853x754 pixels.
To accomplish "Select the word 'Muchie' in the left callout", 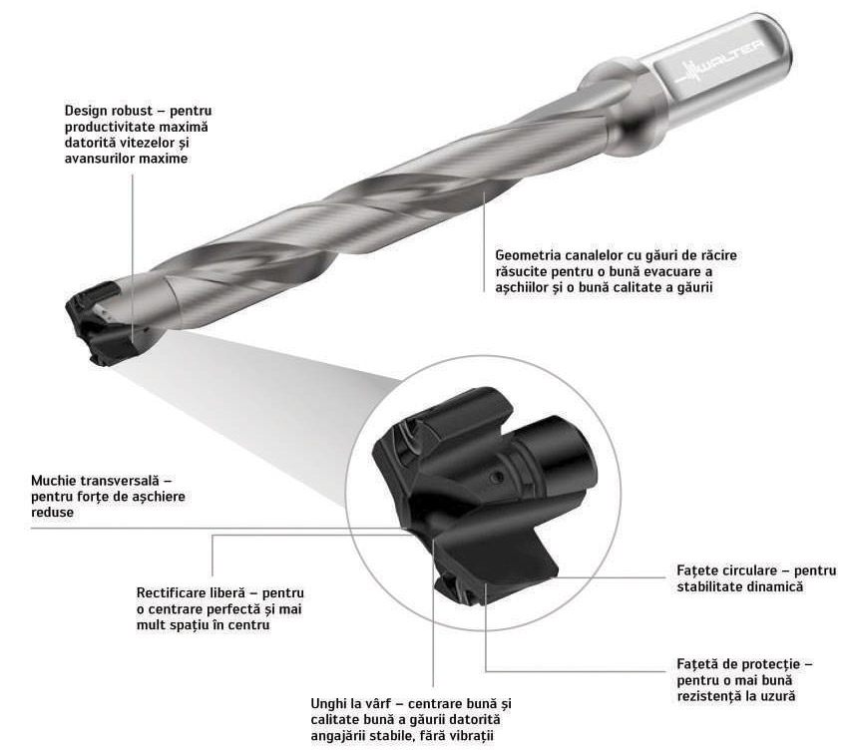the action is (x=53, y=481).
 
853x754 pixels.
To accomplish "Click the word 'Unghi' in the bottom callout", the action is (x=328, y=704).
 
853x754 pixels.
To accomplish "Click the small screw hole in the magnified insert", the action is (x=496, y=477).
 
